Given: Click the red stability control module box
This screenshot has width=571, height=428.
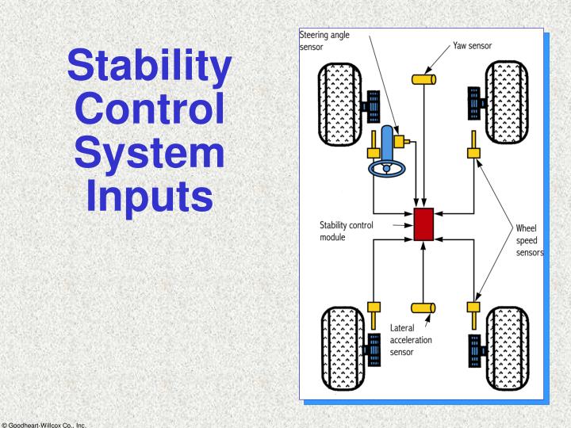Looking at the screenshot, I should pos(423,224).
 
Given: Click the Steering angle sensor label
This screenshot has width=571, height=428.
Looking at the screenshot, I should pos(327,40).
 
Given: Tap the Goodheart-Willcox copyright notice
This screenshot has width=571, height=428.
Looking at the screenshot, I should pos(47,423).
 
